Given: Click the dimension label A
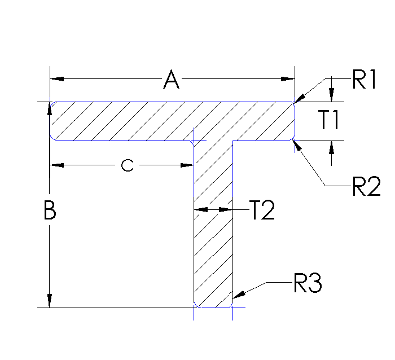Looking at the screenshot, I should (171, 80).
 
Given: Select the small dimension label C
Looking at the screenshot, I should (128, 165).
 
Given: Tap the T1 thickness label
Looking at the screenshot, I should (328, 120).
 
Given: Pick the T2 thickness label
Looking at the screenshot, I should (262, 210).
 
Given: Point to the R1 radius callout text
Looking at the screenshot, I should (364, 80).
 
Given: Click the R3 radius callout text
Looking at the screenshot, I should (308, 284).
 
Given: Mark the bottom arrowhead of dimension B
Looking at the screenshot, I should (50, 301).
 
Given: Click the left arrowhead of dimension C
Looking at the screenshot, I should (57, 165).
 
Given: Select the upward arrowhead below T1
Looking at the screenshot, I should (332, 147).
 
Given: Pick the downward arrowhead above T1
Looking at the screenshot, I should (332, 95).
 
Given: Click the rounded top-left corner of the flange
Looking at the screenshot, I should (51, 104).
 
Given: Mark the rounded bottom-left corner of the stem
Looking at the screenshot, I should (196, 305).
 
